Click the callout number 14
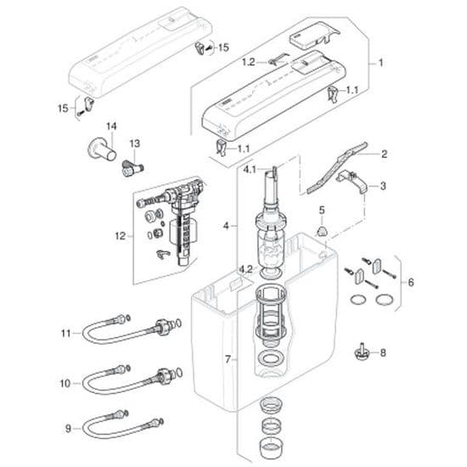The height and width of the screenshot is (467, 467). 110,127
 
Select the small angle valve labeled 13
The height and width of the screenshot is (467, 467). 130,166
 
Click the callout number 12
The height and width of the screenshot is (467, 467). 119,235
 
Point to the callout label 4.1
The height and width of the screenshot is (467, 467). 250,170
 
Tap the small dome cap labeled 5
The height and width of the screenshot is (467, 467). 321,231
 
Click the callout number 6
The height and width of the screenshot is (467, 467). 412,281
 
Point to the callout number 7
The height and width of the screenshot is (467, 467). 227,359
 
